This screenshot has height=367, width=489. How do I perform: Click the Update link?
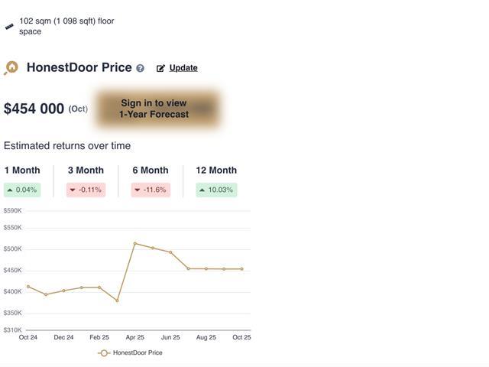pyautogui.click(x=183, y=68)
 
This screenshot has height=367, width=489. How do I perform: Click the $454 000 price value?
pyautogui.click(x=34, y=109)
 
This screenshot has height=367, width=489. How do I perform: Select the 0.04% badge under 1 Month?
pyautogui.click(x=22, y=190)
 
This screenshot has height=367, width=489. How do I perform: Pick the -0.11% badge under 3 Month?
pyautogui.click(x=86, y=190)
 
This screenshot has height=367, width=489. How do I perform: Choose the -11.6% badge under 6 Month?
pyautogui.click(x=151, y=190)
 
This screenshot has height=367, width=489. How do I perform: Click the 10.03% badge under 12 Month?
pyautogui.click(x=216, y=190)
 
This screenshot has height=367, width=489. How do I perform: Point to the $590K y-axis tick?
pyautogui.click(x=12, y=210)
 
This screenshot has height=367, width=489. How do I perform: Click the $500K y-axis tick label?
pyautogui.click(x=12, y=248)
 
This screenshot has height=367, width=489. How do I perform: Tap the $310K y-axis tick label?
pyautogui.click(x=12, y=330)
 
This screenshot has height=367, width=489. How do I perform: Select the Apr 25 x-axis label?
pyautogui.click(x=134, y=337)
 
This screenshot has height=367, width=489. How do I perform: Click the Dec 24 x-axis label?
pyautogui.click(x=63, y=337)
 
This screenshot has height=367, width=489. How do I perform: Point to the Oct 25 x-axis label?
pyautogui.click(x=241, y=337)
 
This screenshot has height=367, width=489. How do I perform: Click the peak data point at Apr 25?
pyautogui.click(x=135, y=243)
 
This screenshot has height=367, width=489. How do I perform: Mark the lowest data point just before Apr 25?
pyautogui.click(x=117, y=300)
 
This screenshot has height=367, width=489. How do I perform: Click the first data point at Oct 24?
pyautogui.click(x=28, y=287)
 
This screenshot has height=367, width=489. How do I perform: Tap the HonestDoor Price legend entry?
pyautogui.click(x=131, y=353)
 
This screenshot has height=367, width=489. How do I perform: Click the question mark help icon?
pyautogui.click(x=140, y=68)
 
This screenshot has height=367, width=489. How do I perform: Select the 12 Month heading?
pyautogui.click(x=216, y=171)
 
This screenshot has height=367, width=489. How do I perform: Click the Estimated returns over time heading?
pyautogui.click(x=67, y=146)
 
